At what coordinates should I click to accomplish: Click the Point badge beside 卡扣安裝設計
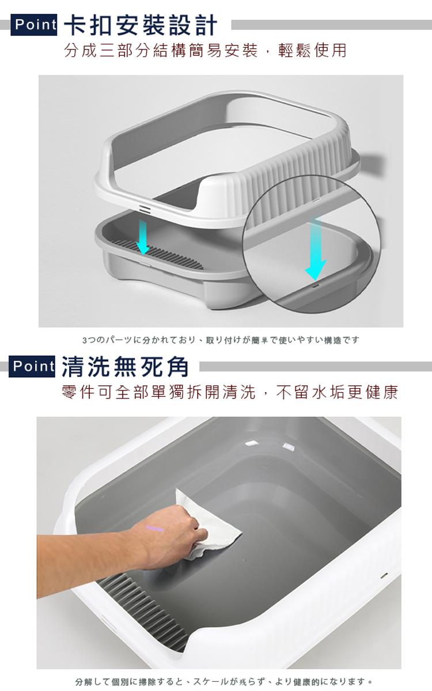point(33,25)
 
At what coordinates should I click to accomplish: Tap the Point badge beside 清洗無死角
point(32,366)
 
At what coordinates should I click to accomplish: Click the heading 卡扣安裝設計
point(141,25)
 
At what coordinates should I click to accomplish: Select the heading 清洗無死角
point(125,366)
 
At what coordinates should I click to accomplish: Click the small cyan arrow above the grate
point(143,237)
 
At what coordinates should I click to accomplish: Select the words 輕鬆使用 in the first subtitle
point(312,51)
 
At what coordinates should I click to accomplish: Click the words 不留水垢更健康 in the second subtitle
point(337,392)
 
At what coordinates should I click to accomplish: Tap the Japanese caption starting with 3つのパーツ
point(221,340)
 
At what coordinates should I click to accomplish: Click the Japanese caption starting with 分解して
point(224,681)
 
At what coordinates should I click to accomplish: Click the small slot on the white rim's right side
point(384,575)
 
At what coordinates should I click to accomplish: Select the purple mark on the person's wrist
point(155,529)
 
